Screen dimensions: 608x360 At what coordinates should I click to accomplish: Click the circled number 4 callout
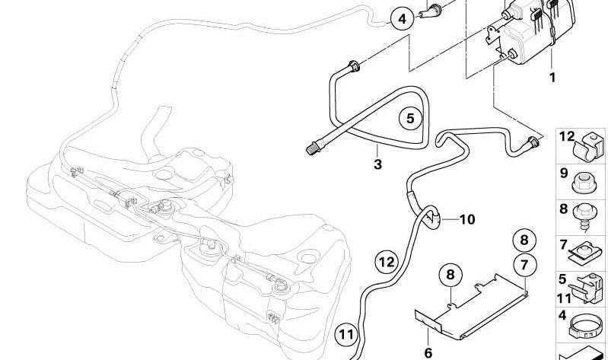[403, 19]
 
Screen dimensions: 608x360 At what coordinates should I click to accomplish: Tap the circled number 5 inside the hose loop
[411, 118]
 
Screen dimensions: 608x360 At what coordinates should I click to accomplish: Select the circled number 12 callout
[387, 263]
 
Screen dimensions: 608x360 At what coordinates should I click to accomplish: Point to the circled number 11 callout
[347, 334]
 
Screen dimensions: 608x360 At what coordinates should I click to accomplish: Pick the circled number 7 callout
[524, 265]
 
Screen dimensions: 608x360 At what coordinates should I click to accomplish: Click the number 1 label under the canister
[552, 77]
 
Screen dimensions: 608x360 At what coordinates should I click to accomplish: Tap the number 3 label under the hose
[377, 164]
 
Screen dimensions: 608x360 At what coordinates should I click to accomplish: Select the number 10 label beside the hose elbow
[467, 219]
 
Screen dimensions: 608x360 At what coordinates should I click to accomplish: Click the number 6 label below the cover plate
[428, 352]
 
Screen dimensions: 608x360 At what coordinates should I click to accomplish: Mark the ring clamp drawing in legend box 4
[586, 327]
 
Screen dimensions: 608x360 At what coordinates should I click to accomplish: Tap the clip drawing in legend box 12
[589, 146]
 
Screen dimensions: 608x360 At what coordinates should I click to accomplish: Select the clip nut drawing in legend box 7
[584, 253]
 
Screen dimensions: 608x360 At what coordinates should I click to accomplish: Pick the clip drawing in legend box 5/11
[587, 288]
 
